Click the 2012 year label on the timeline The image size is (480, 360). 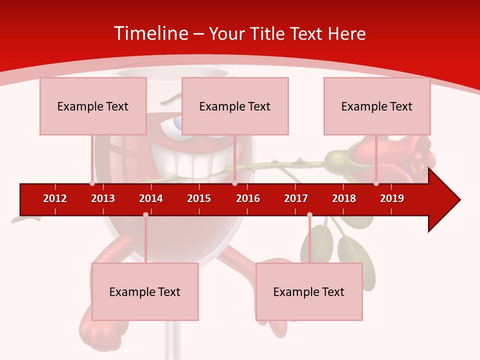(55, 198)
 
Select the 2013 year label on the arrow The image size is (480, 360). (103, 198)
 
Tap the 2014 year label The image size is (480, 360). (151, 198)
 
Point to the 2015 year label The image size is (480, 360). (199, 198)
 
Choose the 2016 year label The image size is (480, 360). (248, 198)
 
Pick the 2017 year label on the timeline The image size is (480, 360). (296, 198)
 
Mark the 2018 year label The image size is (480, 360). (344, 198)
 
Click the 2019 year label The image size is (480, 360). (392, 198)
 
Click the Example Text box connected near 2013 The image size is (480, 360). (93, 106)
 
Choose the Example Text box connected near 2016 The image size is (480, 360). (235, 106)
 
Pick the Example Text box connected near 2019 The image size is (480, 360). (377, 106)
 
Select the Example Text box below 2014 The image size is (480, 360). (145, 291)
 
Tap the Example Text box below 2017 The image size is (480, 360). (309, 291)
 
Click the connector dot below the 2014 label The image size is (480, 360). (145, 214)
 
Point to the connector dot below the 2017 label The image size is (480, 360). (309, 214)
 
